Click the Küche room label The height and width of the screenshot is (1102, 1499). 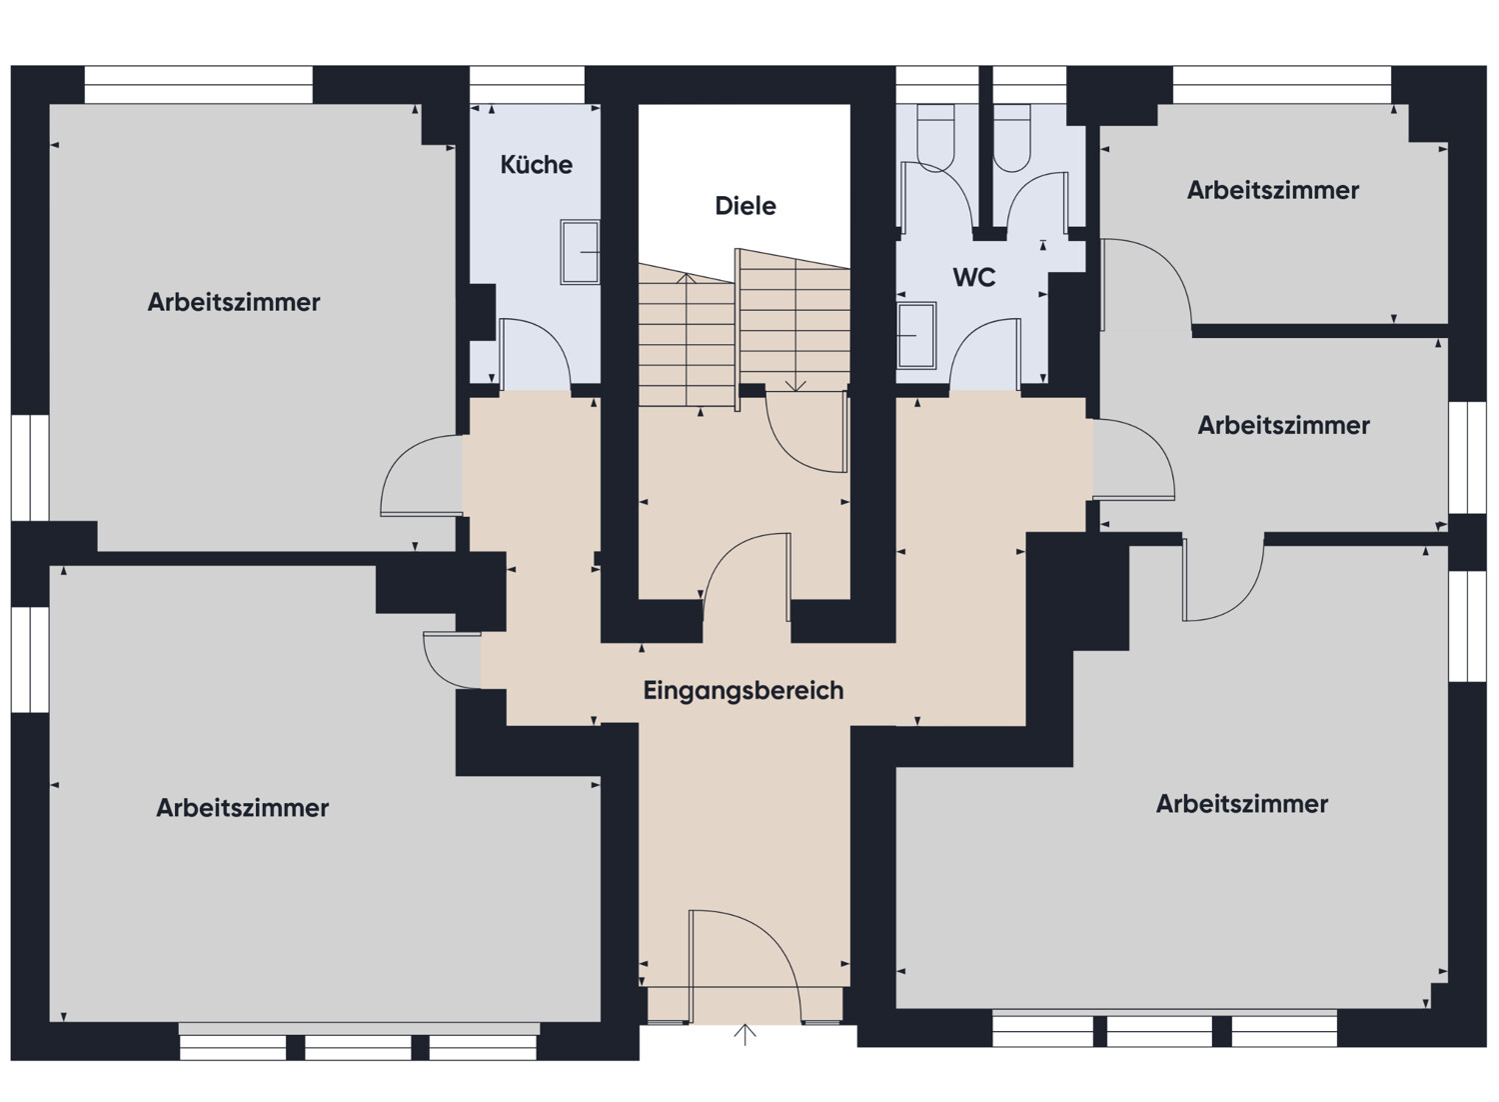536,165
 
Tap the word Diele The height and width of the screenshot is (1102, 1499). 746,206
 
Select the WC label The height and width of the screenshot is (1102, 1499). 973,277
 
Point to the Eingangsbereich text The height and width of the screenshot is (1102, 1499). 743,690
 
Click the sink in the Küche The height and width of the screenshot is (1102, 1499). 580,252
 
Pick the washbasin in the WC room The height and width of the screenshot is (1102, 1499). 916,336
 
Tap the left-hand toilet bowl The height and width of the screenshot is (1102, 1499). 935,138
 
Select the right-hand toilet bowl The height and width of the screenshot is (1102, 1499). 1011,138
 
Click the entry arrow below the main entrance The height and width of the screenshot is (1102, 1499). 745,1034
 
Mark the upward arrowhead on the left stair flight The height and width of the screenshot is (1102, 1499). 686,278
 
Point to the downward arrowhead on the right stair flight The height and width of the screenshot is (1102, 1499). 795,386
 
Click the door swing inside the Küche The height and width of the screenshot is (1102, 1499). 535,354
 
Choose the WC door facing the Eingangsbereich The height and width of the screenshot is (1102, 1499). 985,354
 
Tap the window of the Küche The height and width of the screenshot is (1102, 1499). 527,84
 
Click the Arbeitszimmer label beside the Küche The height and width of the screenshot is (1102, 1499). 234,302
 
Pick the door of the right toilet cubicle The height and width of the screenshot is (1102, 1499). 1036,199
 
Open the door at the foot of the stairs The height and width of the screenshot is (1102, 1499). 806,432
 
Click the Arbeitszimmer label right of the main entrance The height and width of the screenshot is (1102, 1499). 1242,803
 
